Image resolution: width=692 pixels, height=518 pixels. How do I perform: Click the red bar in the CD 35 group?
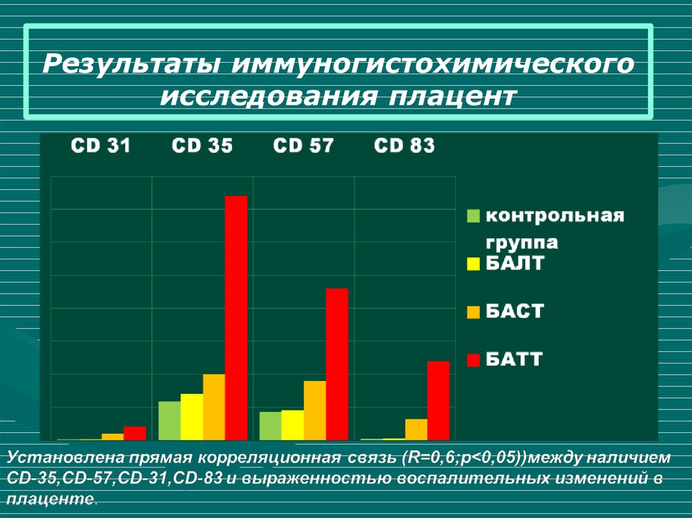click(236, 317)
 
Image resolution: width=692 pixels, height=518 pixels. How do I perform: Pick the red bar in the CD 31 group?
click(134, 432)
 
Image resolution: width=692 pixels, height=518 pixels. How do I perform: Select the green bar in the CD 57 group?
click(270, 425)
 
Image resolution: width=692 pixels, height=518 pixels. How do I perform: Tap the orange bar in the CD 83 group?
click(416, 429)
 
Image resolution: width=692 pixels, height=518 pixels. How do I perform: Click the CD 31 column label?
click(101, 146)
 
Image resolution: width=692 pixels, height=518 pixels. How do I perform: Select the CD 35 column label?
click(202, 146)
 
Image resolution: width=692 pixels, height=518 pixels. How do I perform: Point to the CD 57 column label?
click(303, 146)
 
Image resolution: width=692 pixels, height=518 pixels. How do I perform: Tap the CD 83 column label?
click(404, 146)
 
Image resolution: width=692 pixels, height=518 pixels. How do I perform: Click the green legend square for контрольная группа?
click(473, 216)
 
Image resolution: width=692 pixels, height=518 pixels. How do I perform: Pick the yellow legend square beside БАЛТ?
click(473, 263)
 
